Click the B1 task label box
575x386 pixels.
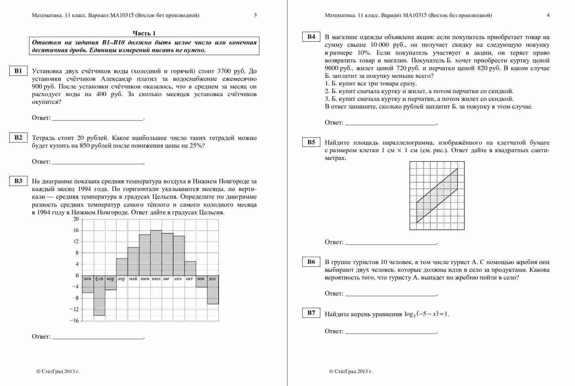[18, 71]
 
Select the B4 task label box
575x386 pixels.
[311, 37]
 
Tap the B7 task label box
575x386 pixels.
[311, 313]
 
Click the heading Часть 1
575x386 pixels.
[144, 33]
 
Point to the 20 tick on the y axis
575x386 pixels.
[76, 219]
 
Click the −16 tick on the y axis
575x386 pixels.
[75, 321]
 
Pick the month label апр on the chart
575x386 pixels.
[122, 279]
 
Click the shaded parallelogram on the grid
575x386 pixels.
[437, 195]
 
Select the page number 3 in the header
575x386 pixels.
[255, 15]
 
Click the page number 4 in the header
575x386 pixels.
[548, 15]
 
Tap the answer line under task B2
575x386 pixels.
[98, 164]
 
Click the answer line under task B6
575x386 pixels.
[391, 296]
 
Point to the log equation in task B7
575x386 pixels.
[427, 314]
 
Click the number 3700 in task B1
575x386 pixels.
[224, 71]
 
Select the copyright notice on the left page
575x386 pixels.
[58, 371]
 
